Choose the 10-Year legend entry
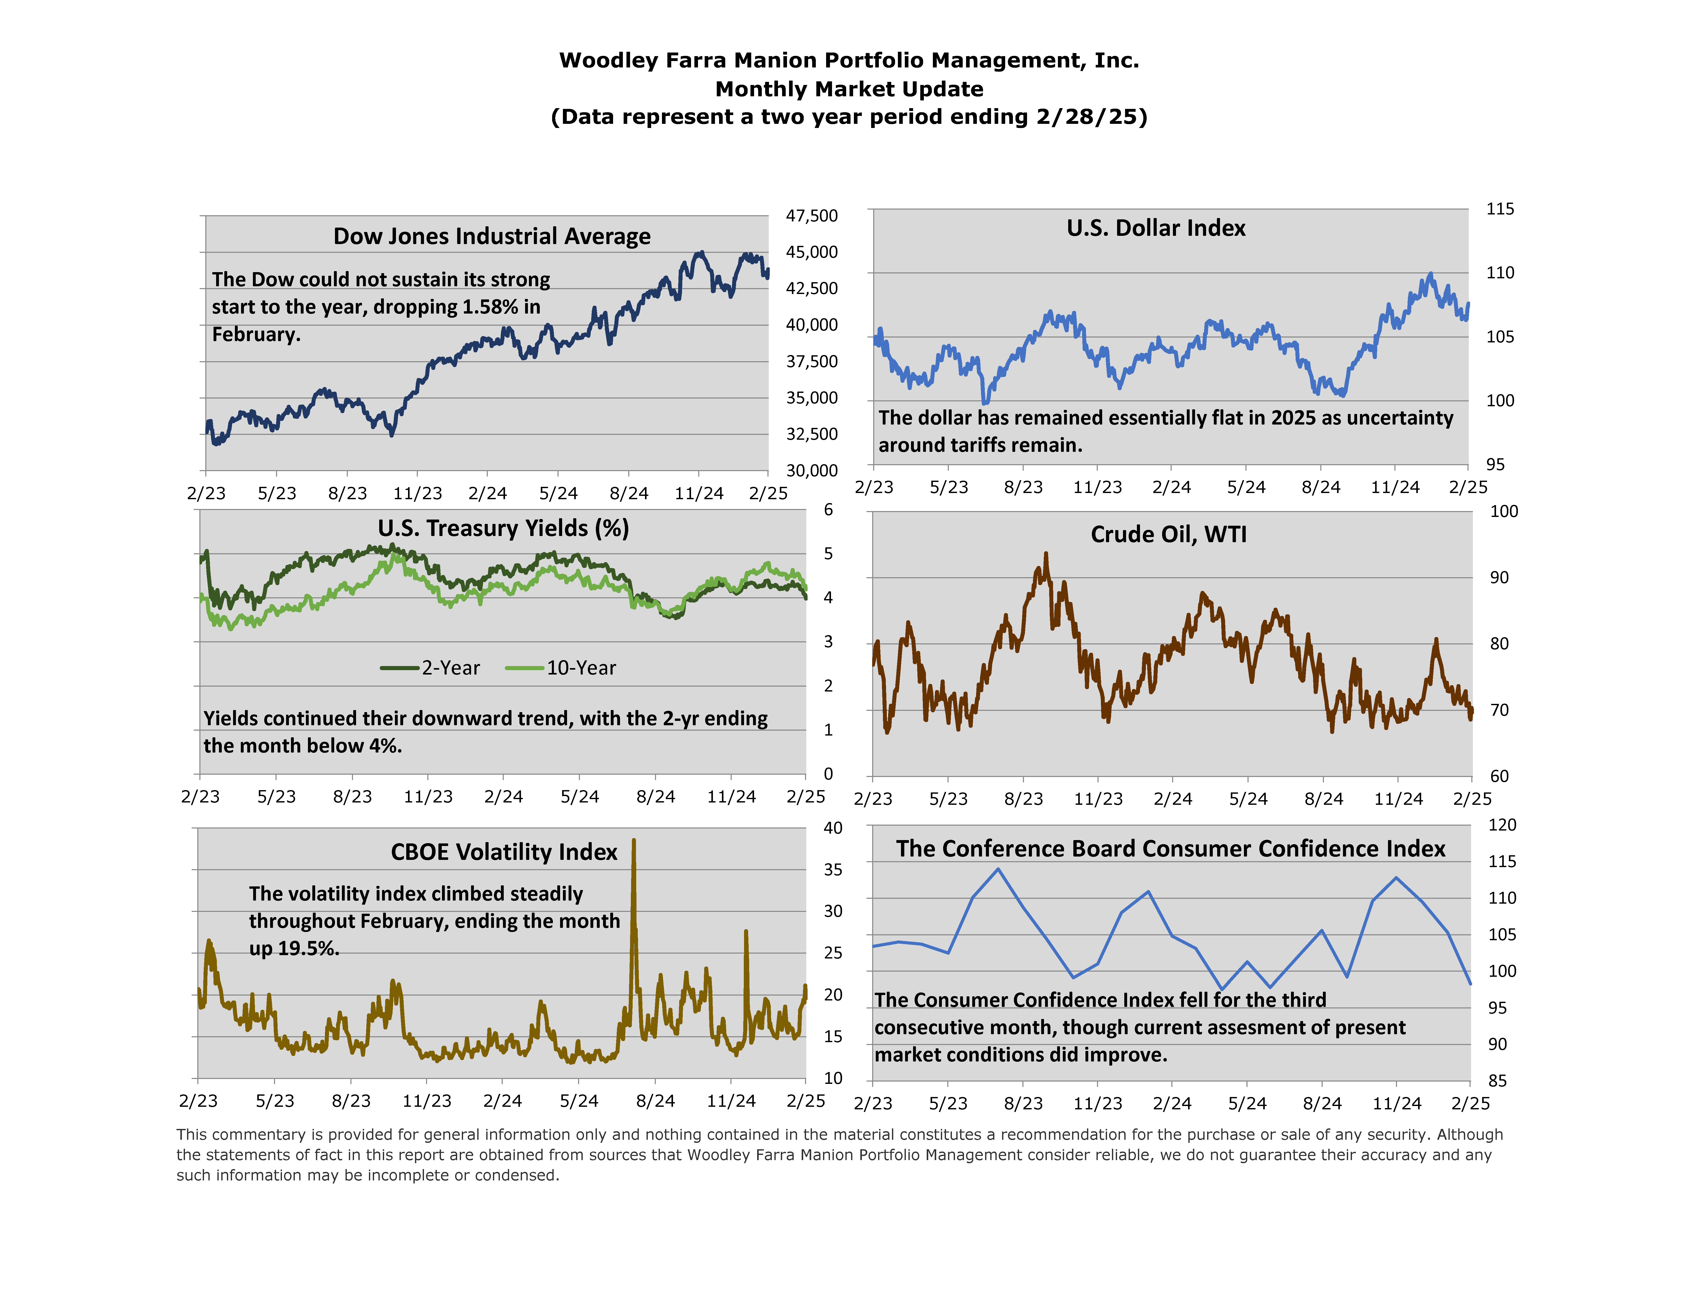pyautogui.click(x=561, y=668)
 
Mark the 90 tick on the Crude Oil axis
pyautogui.click(x=1499, y=577)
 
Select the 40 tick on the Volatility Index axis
pyautogui.click(x=833, y=828)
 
